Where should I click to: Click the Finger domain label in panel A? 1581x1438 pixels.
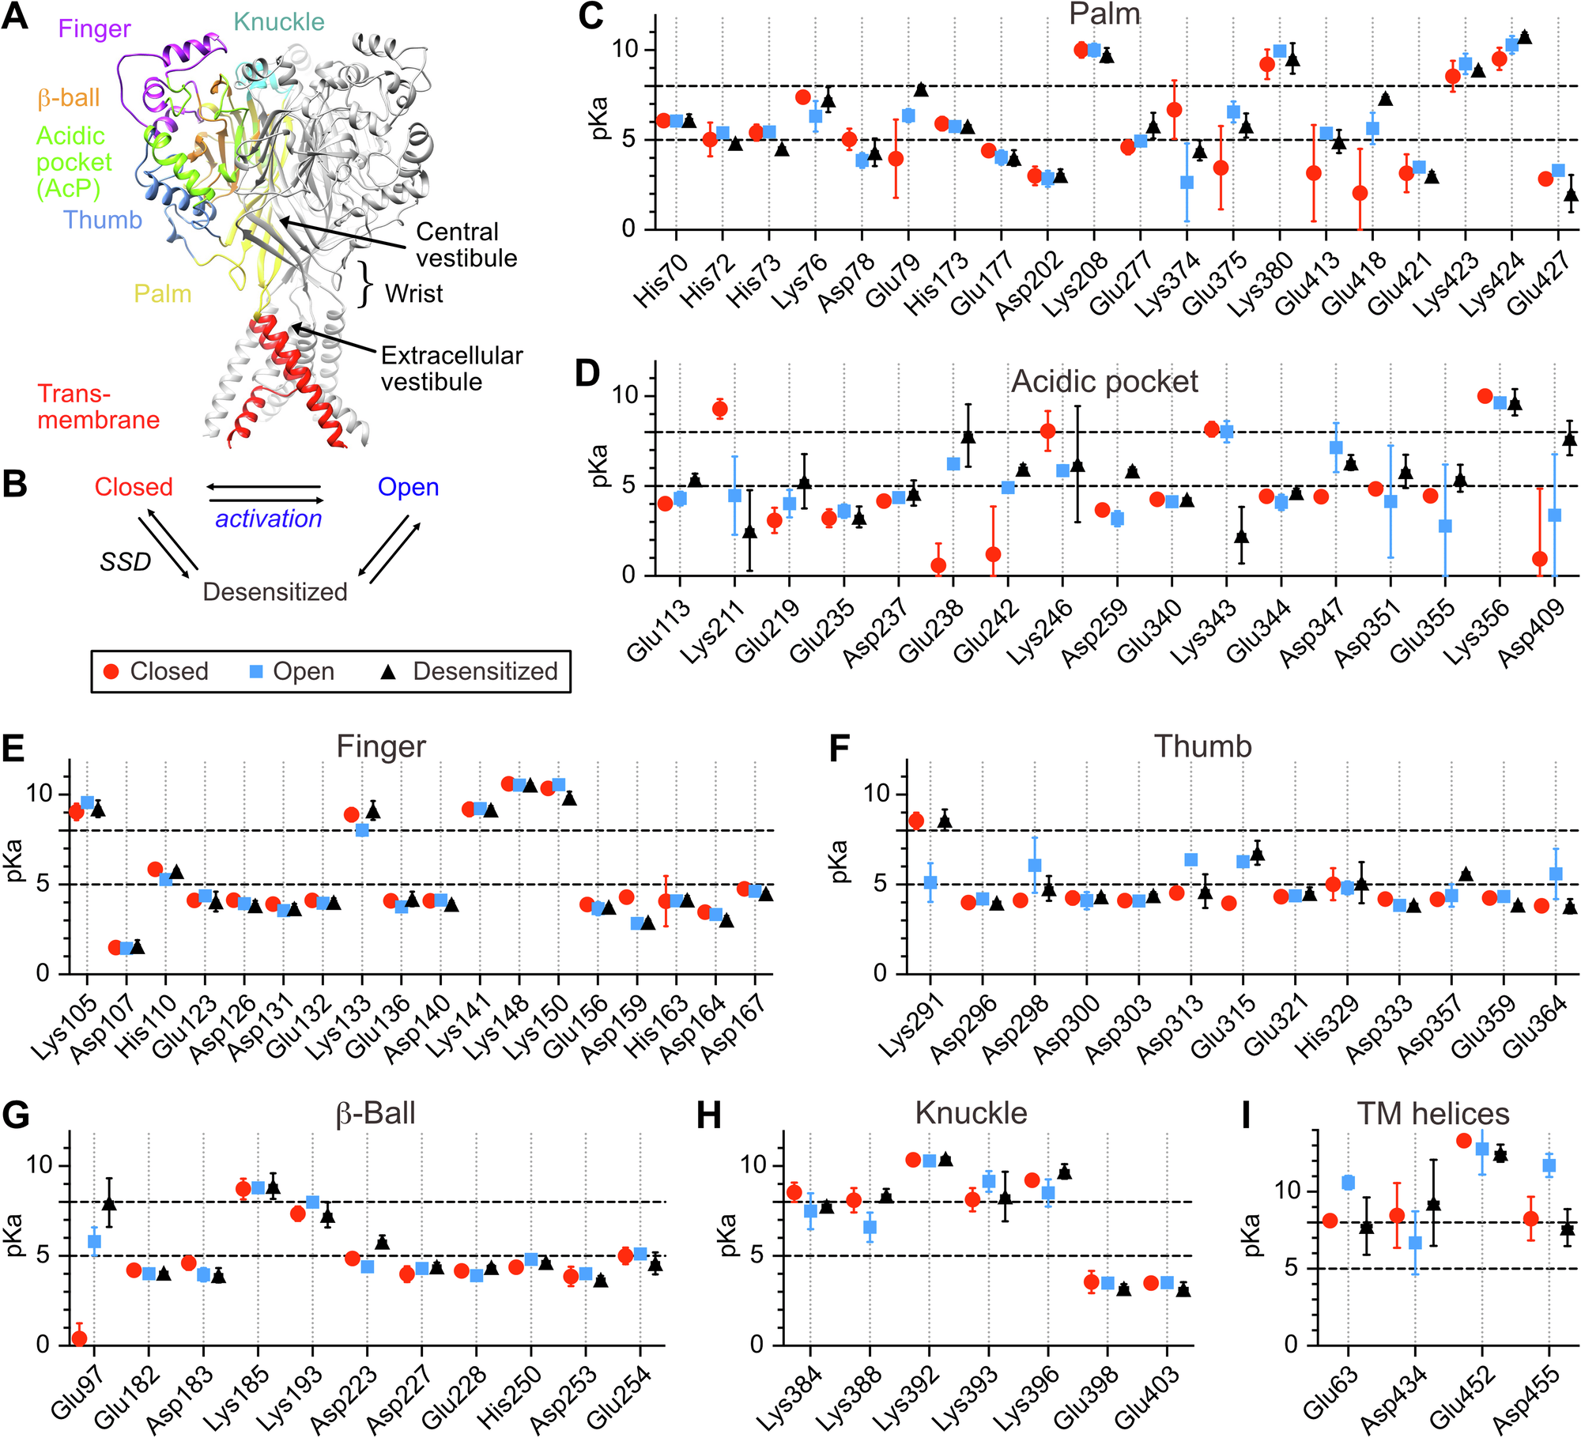point(94,29)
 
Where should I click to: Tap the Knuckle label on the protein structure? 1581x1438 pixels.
point(279,22)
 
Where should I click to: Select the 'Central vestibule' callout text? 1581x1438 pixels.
point(466,245)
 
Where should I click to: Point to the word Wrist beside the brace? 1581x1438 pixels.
point(414,294)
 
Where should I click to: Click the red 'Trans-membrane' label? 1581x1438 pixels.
point(98,406)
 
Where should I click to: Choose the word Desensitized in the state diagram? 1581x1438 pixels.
point(275,592)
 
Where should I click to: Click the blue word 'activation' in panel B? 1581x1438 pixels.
point(269,519)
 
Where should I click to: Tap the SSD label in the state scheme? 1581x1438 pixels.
point(125,562)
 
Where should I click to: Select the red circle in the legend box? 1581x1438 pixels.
point(111,671)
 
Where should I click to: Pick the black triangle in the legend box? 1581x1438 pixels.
point(388,671)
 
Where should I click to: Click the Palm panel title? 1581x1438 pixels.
point(1104,14)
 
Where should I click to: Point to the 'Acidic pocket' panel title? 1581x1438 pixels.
point(1104,382)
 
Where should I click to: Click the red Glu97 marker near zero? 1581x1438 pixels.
point(79,1338)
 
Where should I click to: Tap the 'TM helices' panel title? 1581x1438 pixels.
point(1433,1114)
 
